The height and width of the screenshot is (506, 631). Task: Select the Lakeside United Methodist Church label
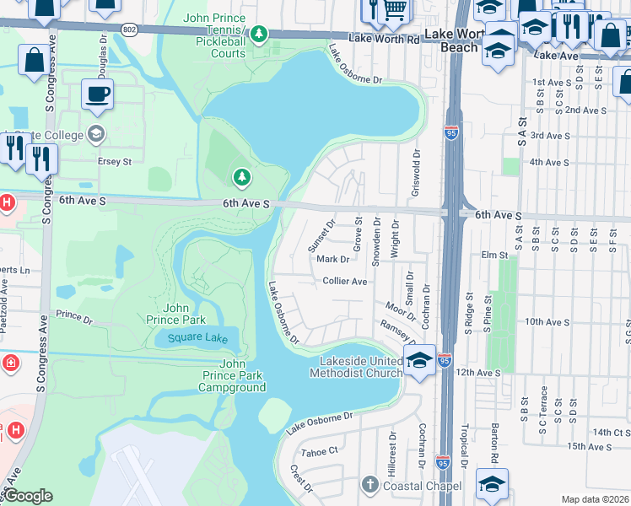tap(355, 367)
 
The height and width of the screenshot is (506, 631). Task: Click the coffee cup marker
tap(97, 94)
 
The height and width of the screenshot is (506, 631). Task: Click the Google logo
tap(28, 496)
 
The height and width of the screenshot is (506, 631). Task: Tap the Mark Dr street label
tap(332, 260)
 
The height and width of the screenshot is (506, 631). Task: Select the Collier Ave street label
tap(344, 281)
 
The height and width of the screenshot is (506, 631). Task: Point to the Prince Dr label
tap(74, 317)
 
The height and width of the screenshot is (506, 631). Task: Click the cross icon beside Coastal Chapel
tap(368, 485)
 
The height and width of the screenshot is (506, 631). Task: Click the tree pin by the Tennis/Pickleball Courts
tap(260, 34)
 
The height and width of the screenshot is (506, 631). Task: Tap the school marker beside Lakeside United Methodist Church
tap(418, 360)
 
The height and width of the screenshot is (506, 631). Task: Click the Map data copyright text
tap(596, 499)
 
